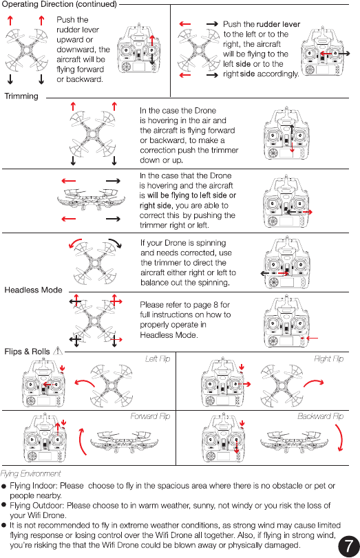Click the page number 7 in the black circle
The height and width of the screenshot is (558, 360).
coord(348,546)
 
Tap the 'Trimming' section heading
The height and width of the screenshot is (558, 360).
coord(21,96)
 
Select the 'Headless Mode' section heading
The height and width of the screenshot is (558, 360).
coord(33,290)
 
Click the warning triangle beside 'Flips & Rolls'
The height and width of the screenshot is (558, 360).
coord(57,351)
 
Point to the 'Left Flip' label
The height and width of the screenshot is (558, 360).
coord(158,358)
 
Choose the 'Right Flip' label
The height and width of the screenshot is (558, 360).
coord(328,358)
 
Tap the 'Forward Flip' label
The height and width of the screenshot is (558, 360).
coord(150,416)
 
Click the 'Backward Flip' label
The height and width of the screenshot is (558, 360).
coord(321,416)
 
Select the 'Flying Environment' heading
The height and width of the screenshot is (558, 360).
coord(30,473)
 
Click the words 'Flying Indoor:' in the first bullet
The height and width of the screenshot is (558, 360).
coord(34,486)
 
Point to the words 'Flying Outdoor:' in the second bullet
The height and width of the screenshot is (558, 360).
coord(37,506)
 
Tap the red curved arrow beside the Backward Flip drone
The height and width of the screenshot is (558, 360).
coord(341,437)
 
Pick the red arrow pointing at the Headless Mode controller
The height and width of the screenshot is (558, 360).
coord(313,338)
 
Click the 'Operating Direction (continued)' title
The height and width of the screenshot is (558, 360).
coord(59,4)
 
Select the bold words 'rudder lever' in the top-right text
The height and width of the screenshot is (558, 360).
coord(279,24)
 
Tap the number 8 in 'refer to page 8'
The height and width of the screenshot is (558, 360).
coord(215,305)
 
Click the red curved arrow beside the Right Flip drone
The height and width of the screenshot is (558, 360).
coord(314,383)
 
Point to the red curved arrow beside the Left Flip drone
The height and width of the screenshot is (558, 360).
coord(85,382)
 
